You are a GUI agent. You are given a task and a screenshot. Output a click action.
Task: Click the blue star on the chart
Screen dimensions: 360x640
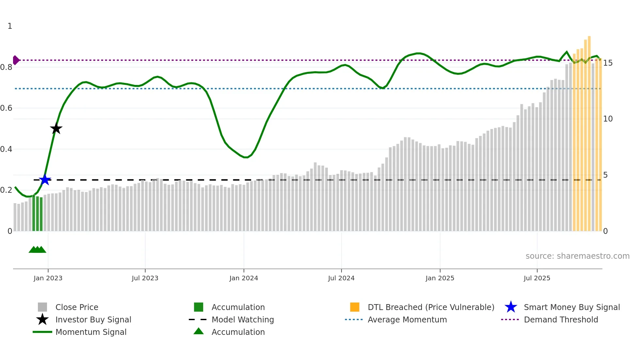[x=45, y=180]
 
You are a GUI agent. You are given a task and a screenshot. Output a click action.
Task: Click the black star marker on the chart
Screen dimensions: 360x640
[x=56, y=128]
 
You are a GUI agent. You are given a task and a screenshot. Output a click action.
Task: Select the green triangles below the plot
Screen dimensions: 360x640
[x=37, y=250]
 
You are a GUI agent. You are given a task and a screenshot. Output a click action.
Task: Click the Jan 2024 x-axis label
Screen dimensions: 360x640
[x=244, y=278]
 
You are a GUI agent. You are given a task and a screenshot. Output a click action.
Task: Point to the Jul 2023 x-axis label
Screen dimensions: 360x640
[x=145, y=278]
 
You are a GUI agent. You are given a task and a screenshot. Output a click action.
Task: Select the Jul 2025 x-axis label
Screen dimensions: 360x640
[x=537, y=278]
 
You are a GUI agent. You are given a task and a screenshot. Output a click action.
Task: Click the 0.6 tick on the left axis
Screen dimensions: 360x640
[x=6, y=108]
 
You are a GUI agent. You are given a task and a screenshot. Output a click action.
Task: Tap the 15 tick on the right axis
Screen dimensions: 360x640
[x=608, y=63]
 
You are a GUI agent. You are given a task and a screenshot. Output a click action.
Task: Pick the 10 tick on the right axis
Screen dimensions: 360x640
[x=608, y=119]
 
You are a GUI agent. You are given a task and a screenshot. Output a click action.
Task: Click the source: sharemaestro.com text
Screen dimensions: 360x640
[x=577, y=256]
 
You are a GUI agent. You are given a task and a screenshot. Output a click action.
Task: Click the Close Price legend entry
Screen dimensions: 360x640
[x=77, y=307]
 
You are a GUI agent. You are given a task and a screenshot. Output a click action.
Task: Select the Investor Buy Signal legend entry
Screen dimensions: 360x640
[x=93, y=319]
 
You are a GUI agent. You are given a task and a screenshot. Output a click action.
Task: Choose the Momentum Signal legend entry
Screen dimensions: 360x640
[x=91, y=332]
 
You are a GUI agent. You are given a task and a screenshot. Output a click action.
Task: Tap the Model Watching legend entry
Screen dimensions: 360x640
[x=243, y=319]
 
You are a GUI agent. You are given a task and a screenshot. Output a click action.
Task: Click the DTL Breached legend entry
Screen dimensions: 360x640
[x=431, y=307]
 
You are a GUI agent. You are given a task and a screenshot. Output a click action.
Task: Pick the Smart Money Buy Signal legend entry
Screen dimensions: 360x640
[x=571, y=307]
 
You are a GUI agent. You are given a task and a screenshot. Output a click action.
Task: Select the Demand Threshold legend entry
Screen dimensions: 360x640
[x=561, y=319]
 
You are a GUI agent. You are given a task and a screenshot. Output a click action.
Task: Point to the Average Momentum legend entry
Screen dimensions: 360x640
[x=407, y=319]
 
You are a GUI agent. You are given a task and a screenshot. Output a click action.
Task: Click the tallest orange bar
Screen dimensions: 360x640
[x=589, y=134]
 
